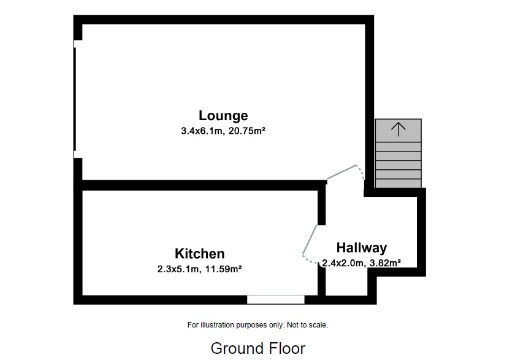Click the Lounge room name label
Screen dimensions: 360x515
click(x=223, y=115)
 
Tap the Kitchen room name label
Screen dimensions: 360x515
click(x=199, y=253)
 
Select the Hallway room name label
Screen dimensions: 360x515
click(x=361, y=248)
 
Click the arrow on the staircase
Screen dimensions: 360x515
click(x=399, y=129)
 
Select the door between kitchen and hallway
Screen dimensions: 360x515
click(x=310, y=240)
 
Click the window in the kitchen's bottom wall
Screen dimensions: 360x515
click(x=275, y=299)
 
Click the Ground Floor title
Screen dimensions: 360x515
click(x=257, y=348)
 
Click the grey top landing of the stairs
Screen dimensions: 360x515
click(x=399, y=130)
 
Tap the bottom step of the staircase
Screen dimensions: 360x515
click(x=399, y=183)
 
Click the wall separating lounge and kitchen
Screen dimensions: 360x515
click(x=202, y=184)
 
